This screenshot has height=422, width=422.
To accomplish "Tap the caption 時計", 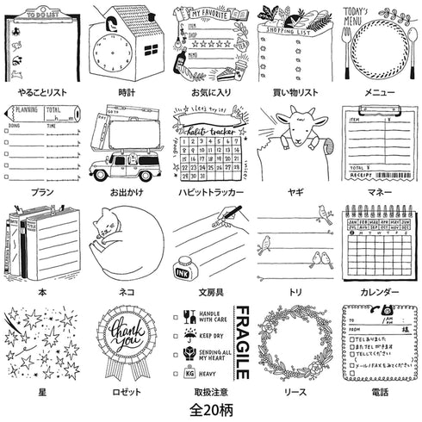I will tap(127, 90).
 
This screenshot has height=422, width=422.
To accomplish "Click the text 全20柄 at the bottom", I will tap(210, 403).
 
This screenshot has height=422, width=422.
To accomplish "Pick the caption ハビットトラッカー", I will tap(210, 190).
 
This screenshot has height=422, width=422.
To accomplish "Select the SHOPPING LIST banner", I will tap(295, 28).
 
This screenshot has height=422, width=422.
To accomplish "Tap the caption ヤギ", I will tap(295, 190).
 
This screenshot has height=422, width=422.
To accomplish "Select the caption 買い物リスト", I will tap(295, 90).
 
